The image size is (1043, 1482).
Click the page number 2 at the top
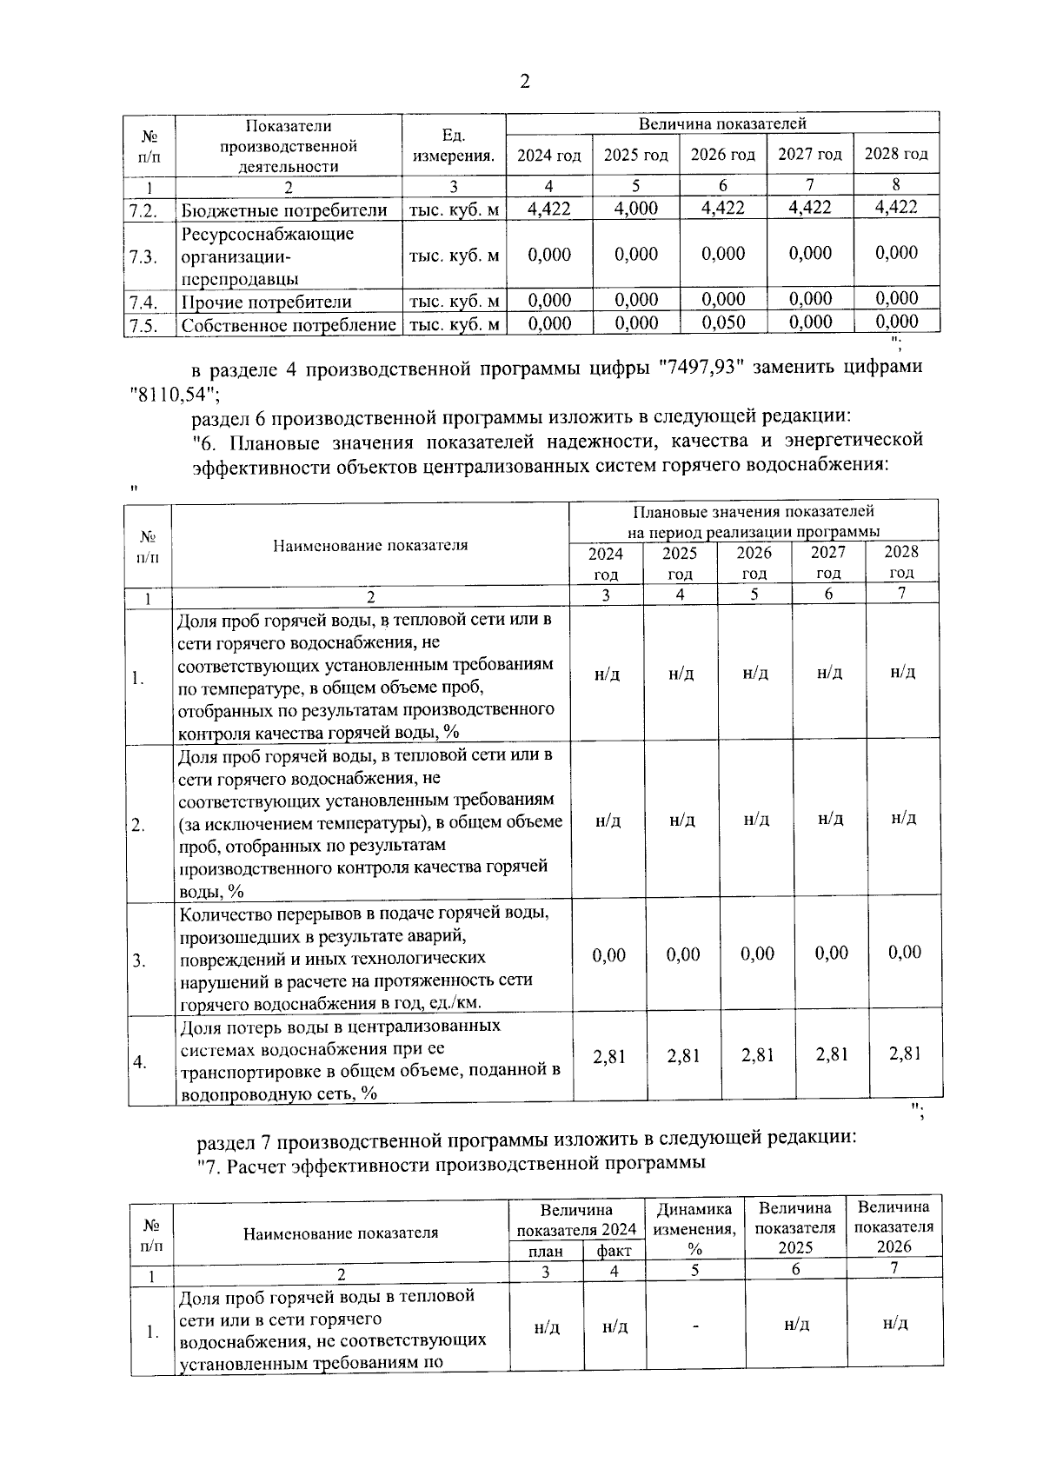pos(524,83)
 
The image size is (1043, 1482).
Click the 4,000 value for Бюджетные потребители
pos(635,209)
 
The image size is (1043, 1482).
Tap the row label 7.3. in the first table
pos(143,256)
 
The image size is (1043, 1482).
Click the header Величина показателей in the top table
pos(722,124)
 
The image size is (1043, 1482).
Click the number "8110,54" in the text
pos(169,394)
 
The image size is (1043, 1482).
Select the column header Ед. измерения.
pos(453,146)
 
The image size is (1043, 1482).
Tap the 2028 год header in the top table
pos(896,154)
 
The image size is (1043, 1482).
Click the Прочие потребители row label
pos(266,302)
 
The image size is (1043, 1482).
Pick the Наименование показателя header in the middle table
pos(370,546)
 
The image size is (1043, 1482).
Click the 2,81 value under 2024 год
pos(608,1057)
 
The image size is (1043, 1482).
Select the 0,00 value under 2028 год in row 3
pos(904,953)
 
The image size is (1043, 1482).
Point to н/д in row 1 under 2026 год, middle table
pos(756,674)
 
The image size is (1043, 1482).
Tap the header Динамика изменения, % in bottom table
pos(694,1228)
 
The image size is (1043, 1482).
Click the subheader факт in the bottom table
pos(614,1252)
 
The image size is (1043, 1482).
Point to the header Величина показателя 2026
pos(894,1226)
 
